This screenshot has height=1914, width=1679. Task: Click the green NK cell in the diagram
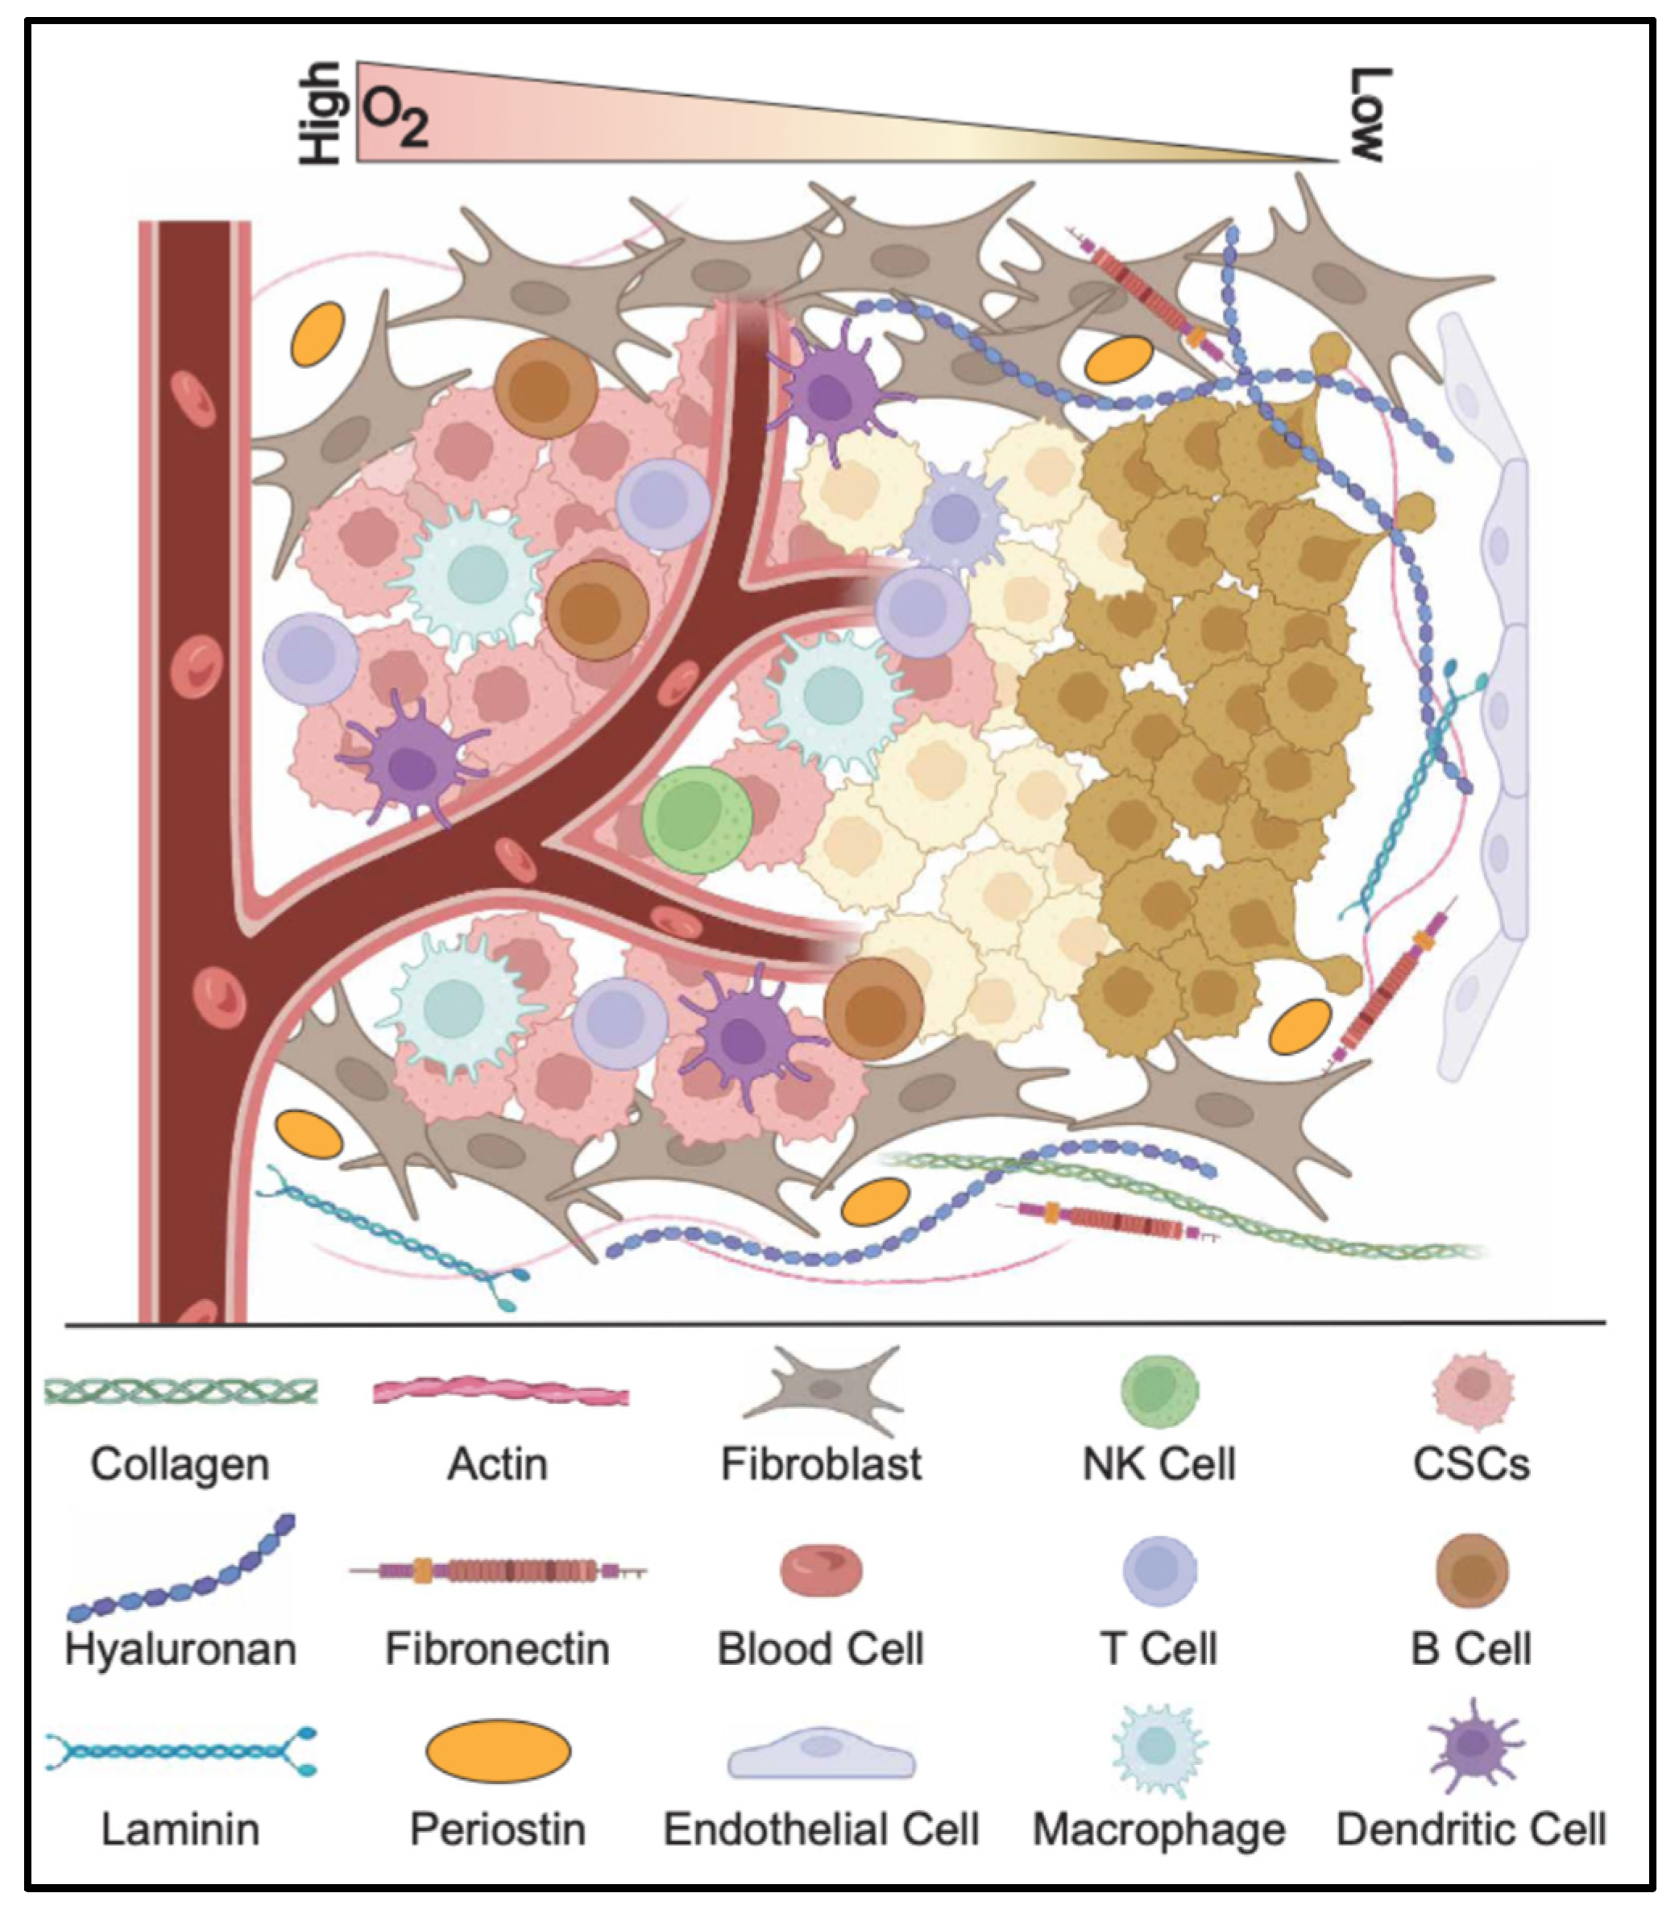click(x=696, y=820)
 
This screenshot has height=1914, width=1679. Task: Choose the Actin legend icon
click(x=500, y=1393)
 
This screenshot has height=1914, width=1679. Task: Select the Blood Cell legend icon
click(x=822, y=1571)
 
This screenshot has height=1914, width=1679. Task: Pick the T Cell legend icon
click(x=1159, y=1569)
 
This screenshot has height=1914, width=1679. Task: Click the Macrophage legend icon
click(x=1159, y=1747)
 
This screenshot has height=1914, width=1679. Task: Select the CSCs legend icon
click(x=1473, y=1387)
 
